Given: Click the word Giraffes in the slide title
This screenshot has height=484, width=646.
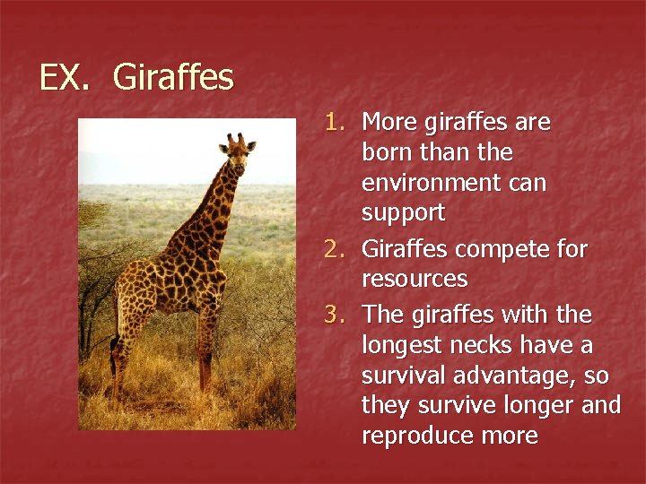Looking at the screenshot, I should tap(173, 78).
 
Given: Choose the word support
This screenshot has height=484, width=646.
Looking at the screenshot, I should tap(403, 214).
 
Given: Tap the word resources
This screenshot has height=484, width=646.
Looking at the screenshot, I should tap(415, 279).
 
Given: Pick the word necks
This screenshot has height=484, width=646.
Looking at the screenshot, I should tap(493, 344).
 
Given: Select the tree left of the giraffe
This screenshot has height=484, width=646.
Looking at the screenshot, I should tap(92, 215).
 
